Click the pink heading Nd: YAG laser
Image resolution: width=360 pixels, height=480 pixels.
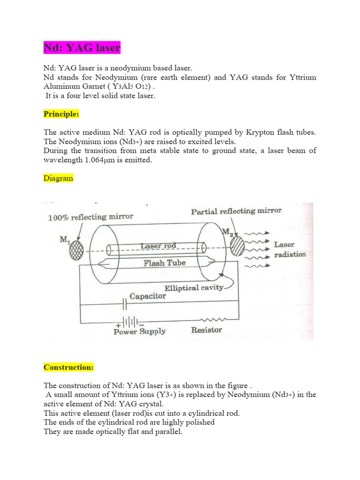82,48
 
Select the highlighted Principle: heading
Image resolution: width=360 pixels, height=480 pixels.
62,114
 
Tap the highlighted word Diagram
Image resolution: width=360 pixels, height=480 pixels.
58,178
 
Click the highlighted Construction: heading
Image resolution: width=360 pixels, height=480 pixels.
68,367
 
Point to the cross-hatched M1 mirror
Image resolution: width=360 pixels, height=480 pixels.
76,251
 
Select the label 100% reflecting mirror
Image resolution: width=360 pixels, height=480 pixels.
91,217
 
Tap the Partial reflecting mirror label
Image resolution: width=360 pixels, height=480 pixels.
236,211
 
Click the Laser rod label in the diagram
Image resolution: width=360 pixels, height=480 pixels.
157,246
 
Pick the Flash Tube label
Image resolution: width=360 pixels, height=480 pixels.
165,263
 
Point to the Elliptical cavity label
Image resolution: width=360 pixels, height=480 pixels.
194,287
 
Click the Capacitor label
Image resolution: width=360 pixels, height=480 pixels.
148,296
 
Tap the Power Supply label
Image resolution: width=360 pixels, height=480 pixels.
140,331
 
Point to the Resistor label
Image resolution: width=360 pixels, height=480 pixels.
207,330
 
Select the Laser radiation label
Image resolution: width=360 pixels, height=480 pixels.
289,249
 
